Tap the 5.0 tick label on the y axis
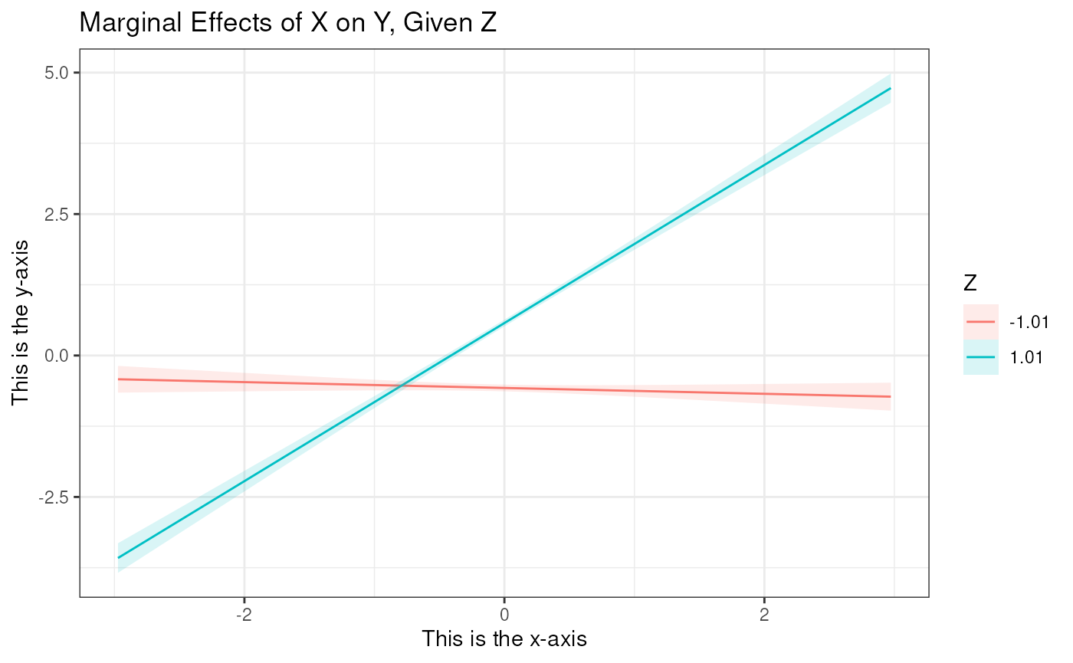click(56, 72)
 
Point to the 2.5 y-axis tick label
click(56, 214)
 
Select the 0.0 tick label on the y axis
click(56, 356)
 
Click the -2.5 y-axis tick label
click(54, 497)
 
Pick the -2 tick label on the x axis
click(243, 613)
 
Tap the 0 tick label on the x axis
click(504, 613)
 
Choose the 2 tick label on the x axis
click(764, 613)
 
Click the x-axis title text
click(504, 638)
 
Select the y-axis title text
click(21, 322)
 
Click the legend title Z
click(970, 284)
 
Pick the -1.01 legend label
click(1028, 322)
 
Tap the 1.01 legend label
click(1025, 357)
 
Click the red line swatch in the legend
click(981, 322)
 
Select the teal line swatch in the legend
click(981, 357)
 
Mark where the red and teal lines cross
click(401, 385)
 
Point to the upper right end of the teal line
click(890, 89)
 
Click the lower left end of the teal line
click(118, 557)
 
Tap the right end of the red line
click(890, 396)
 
